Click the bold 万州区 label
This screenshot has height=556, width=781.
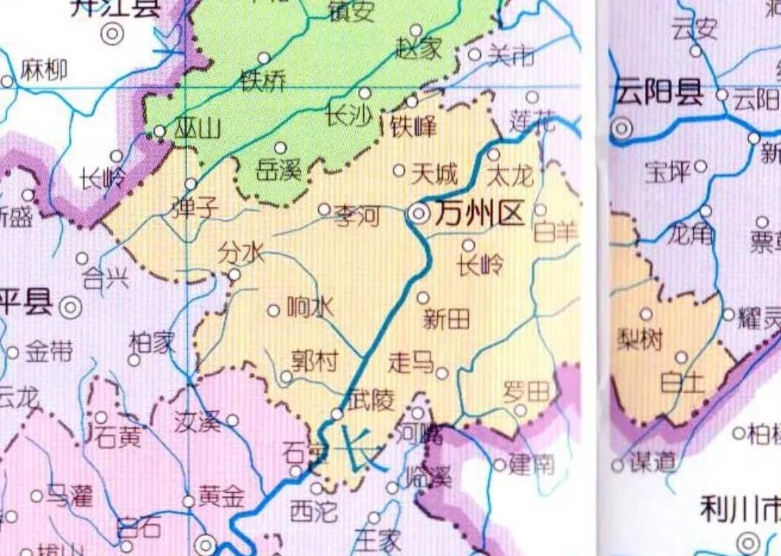pos(479,214)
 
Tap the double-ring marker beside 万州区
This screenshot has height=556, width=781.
pos(419,214)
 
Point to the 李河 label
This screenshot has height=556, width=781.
pos(357,217)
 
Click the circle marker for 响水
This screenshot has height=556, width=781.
pos(274,311)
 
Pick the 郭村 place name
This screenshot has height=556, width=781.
pos(314,361)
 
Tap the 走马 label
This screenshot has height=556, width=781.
pos(411,362)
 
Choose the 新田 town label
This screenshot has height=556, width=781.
pos(446,319)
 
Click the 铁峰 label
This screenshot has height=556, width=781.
pos(413,126)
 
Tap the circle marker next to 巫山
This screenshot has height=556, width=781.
pos(160,131)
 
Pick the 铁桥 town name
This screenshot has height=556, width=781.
pos(263,80)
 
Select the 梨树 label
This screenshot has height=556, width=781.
pos(640,339)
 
